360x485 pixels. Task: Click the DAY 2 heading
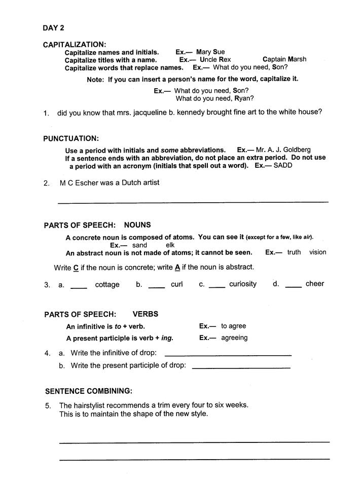[x=54, y=28]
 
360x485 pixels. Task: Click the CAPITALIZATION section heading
[x=75, y=45]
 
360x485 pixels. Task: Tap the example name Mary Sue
[x=210, y=52]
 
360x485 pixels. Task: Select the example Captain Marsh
[x=284, y=59]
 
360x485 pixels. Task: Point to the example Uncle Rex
[x=215, y=59]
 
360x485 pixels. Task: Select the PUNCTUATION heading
[x=71, y=138]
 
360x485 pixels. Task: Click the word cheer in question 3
[x=314, y=284]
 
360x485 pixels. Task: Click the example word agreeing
[x=234, y=338]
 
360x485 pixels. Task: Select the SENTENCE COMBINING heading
[x=89, y=391]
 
